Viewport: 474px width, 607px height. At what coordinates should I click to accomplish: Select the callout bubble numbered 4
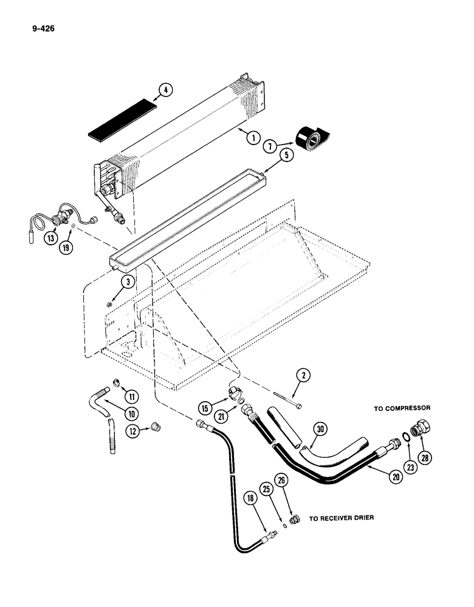click(164, 92)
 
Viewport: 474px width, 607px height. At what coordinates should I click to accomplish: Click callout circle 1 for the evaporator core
click(254, 137)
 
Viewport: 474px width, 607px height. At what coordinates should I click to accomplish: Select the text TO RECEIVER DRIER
click(342, 518)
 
